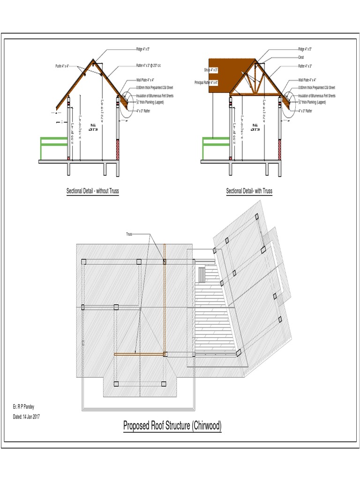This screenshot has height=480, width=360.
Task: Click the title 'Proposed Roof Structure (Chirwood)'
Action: tap(172, 426)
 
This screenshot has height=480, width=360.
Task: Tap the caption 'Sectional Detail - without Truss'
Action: tap(92, 191)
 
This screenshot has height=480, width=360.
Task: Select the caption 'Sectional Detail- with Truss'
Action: tap(249, 191)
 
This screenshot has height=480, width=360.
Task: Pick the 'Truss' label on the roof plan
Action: tap(129, 233)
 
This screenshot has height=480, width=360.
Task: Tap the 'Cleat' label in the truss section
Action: tap(301, 57)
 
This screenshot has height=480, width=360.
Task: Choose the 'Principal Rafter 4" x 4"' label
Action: tap(207, 82)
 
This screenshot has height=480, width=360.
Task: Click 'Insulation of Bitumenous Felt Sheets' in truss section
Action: tap(317, 96)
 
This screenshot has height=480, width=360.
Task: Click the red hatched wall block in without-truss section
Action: tap(118, 149)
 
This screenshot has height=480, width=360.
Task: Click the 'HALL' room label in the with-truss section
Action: tap(255, 125)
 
